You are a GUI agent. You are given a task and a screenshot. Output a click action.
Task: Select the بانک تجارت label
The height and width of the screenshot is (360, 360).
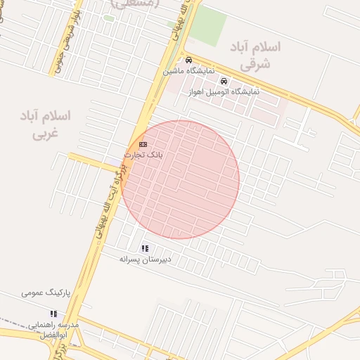[x=143, y=154]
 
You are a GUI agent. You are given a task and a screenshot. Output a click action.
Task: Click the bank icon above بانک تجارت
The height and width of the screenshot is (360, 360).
[x=143, y=143]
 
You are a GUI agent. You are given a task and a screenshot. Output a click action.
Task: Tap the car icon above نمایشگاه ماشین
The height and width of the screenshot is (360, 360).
[x=188, y=60]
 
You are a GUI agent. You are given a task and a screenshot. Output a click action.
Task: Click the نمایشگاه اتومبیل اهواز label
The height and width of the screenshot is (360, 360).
[x=224, y=91]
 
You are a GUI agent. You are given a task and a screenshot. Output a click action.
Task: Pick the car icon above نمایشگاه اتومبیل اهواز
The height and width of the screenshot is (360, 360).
[x=224, y=81]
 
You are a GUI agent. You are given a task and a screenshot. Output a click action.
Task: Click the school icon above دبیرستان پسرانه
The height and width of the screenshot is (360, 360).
[x=145, y=248]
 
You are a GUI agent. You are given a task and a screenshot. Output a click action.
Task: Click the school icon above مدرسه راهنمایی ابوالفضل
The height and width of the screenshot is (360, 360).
[x=72, y=314]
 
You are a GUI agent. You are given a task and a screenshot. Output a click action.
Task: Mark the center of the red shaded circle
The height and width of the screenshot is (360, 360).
[x=180, y=179]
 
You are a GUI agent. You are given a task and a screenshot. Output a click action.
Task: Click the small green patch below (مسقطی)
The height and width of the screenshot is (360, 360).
[x=109, y=18]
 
